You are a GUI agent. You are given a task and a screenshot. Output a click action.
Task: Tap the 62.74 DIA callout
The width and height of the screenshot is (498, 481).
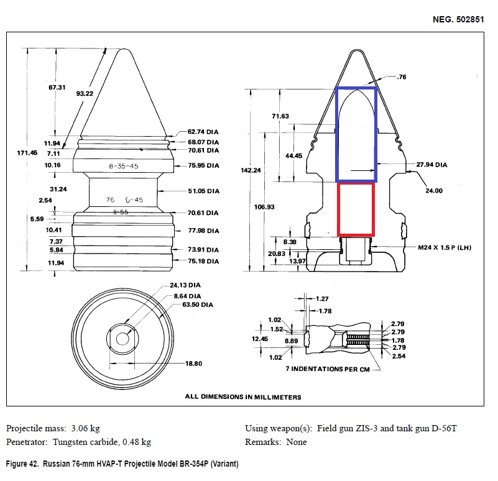click(203, 132)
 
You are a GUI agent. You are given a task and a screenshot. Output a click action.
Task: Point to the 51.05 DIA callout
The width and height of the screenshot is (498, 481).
click(203, 191)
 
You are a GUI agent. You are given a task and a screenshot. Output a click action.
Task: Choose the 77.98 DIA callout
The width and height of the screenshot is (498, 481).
click(203, 231)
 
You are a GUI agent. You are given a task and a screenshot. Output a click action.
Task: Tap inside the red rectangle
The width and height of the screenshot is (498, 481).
click(355, 209)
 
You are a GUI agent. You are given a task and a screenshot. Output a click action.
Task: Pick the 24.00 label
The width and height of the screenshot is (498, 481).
click(433, 191)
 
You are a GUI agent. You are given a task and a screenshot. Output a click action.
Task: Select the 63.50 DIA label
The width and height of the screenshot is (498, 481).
click(198, 305)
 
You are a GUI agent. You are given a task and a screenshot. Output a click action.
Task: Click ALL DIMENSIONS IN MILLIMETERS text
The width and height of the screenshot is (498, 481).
click(242, 396)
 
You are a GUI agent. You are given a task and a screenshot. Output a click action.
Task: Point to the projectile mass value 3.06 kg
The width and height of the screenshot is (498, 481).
click(85, 429)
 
